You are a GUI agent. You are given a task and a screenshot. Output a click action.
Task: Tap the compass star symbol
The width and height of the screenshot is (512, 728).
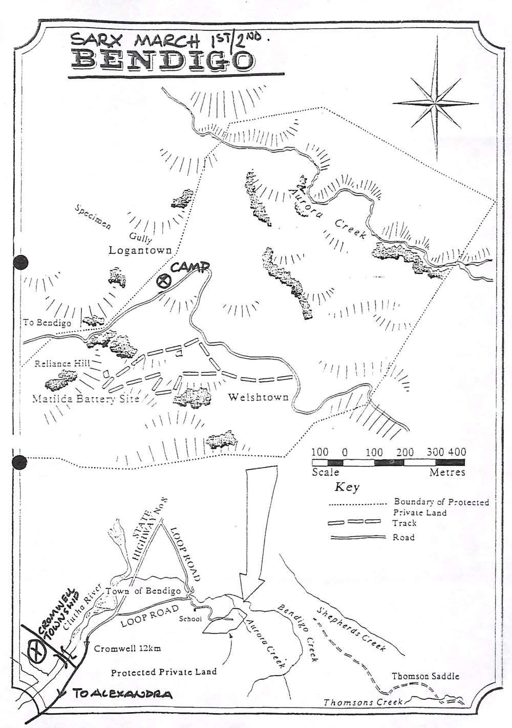(436, 103)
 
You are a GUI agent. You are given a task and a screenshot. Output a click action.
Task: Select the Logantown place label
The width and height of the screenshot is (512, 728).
(140, 250)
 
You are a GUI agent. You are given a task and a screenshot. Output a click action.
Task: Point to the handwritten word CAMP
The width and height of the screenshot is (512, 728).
(190, 267)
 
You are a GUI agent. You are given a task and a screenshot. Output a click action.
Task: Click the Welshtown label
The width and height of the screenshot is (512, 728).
(258, 397)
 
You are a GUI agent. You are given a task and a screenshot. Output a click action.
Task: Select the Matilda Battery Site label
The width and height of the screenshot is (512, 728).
(86, 398)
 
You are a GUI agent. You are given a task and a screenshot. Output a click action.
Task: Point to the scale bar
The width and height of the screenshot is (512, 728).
(388, 462)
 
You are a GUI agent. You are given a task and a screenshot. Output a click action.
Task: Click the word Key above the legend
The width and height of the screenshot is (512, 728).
(347, 487)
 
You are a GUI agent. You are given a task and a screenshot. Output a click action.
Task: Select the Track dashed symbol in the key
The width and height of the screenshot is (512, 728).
(354, 522)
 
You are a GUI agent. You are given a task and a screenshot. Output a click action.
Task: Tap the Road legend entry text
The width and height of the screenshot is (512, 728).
(403, 537)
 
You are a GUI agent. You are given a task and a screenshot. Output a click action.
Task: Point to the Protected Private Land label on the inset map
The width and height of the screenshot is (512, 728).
(164, 672)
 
